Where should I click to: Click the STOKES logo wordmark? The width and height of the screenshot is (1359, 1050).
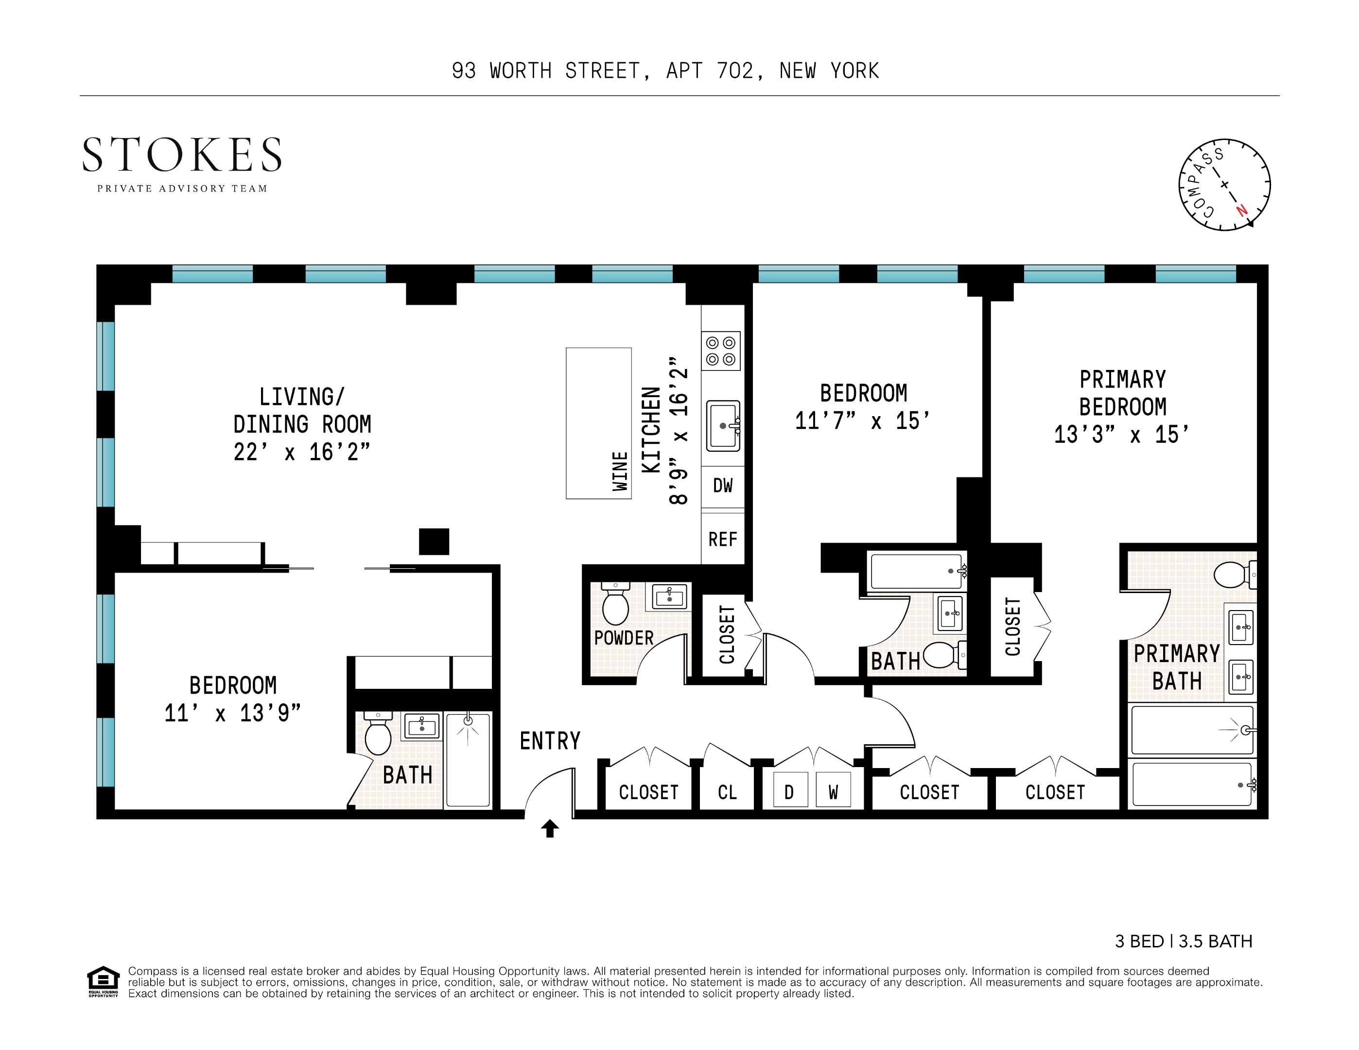click(182, 155)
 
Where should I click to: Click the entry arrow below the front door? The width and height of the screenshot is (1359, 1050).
click(549, 828)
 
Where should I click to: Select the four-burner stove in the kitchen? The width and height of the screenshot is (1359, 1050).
click(720, 351)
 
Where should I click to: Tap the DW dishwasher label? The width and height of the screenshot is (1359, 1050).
click(722, 486)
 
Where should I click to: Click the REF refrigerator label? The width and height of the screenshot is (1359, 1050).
click(722, 539)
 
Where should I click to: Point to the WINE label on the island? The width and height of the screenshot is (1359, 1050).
click(620, 471)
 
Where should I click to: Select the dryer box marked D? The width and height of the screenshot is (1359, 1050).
click(789, 792)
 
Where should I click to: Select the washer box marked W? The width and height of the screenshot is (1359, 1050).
click(833, 792)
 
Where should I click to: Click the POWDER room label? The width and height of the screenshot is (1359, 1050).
click(624, 638)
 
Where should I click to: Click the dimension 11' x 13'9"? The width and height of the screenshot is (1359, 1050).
click(232, 713)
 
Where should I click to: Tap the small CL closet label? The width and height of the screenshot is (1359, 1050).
click(727, 792)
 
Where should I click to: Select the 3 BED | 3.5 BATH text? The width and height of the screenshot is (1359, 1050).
click(1183, 941)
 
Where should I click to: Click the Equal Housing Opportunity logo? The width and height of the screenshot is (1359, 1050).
click(103, 981)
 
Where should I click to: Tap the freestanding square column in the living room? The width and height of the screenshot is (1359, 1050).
click(434, 542)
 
